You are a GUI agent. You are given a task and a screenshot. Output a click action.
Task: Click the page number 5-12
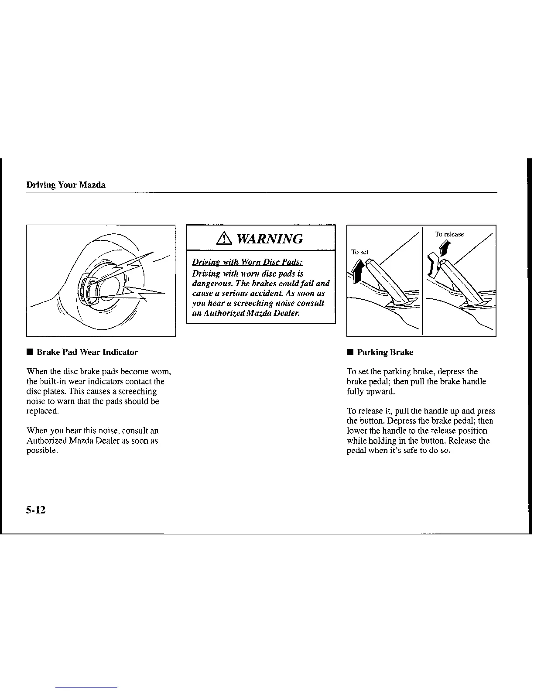click(x=36, y=510)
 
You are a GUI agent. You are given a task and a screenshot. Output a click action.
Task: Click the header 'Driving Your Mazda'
click(x=66, y=185)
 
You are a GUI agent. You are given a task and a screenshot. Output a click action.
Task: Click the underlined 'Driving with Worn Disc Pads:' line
click(x=247, y=262)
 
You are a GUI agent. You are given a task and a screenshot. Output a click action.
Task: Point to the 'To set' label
click(x=360, y=252)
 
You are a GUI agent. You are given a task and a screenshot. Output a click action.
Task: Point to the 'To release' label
click(x=449, y=234)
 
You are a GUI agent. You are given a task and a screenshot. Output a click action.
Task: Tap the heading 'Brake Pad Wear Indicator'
click(x=87, y=352)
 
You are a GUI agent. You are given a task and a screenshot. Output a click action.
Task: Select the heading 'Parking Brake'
click(x=385, y=352)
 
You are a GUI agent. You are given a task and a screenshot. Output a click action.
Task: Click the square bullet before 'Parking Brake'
click(x=349, y=352)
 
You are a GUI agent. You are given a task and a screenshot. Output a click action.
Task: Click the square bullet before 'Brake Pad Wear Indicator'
click(x=30, y=352)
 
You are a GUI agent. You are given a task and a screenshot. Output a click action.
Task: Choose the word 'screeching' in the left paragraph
click(x=137, y=392)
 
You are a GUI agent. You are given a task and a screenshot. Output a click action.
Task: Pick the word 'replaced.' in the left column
click(x=42, y=411)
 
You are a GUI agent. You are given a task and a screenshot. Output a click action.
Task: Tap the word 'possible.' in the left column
click(x=42, y=451)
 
